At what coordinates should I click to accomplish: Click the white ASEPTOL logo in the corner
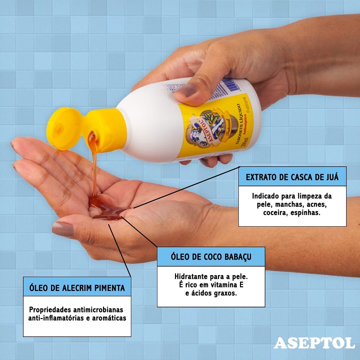point(314,343)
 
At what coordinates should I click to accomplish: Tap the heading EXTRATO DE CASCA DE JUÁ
point(292,177)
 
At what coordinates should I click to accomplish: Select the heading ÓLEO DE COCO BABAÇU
point(211,257)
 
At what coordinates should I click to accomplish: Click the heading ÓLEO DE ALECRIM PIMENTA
point(77,287)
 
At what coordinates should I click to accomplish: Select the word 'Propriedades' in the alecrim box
point(50,309)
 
